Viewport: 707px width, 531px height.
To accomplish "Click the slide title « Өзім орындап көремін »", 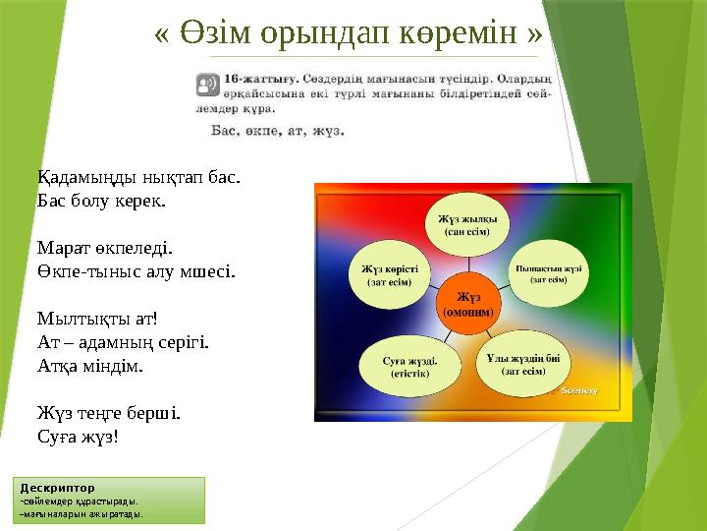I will point(349,32).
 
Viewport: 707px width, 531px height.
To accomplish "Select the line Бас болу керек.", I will point(101,200).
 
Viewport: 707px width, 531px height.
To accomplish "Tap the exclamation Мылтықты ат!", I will point(96,319).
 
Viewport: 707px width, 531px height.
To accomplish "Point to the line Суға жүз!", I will point(78,436).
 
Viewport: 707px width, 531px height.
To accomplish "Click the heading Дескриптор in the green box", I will point(57,487).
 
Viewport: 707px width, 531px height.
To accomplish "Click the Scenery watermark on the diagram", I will point(579,390).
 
